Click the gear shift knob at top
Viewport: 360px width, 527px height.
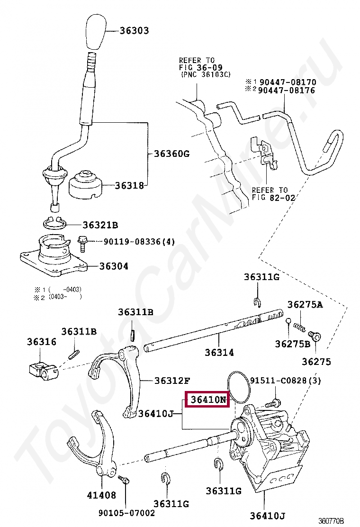95,33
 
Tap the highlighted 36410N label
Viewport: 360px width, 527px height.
209,400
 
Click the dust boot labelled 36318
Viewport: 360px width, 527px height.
86,185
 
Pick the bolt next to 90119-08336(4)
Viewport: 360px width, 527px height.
82,243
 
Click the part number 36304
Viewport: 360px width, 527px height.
114,266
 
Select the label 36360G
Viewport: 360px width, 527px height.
171,154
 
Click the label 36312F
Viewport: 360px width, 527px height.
173,381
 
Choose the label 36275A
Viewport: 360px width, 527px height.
305,305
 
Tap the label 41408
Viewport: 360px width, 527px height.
101,495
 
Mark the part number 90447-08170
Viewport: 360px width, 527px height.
288,82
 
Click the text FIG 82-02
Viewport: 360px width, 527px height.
273,198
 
